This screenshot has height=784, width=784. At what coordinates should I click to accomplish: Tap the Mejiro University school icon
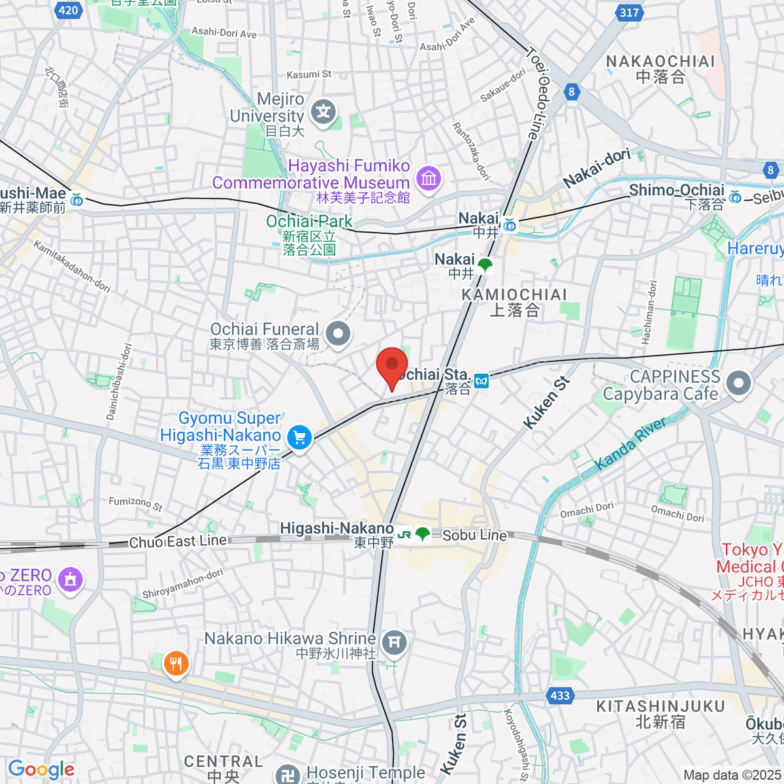pyautogui.click(x=323, y=113)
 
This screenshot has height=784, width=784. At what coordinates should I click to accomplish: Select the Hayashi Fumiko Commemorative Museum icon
pyautogui.click(x=429, y=178)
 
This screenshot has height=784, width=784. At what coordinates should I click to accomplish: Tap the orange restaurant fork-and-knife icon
pyautogui.click(x=175, y=664)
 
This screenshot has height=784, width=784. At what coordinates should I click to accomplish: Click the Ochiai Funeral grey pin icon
pyautogui.click(x=338, y=334)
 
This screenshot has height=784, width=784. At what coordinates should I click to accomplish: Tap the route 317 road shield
pyautogui.click(x=629, y=12)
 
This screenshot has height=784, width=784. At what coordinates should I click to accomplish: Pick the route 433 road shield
pyautogui.click(x=560, y=695)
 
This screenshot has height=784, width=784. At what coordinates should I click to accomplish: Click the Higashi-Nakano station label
pyautogui.click(x=336, y=529)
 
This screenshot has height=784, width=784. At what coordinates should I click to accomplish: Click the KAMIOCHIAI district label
pyautogui.click(x=514, y=295)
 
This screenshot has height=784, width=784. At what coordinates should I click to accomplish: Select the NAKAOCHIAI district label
pyautogui.click(x=661, y=61)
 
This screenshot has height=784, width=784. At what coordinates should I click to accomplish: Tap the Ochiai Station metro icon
pyautogui.click(x=482, y=381)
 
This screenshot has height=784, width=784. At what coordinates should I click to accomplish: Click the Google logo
pyautogui.click(x=41, y=769)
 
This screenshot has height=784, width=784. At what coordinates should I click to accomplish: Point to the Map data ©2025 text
pyautogui.click(x=732, y=775)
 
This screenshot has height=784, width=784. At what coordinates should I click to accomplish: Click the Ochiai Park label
pyautogui.click(x=309, y=221)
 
